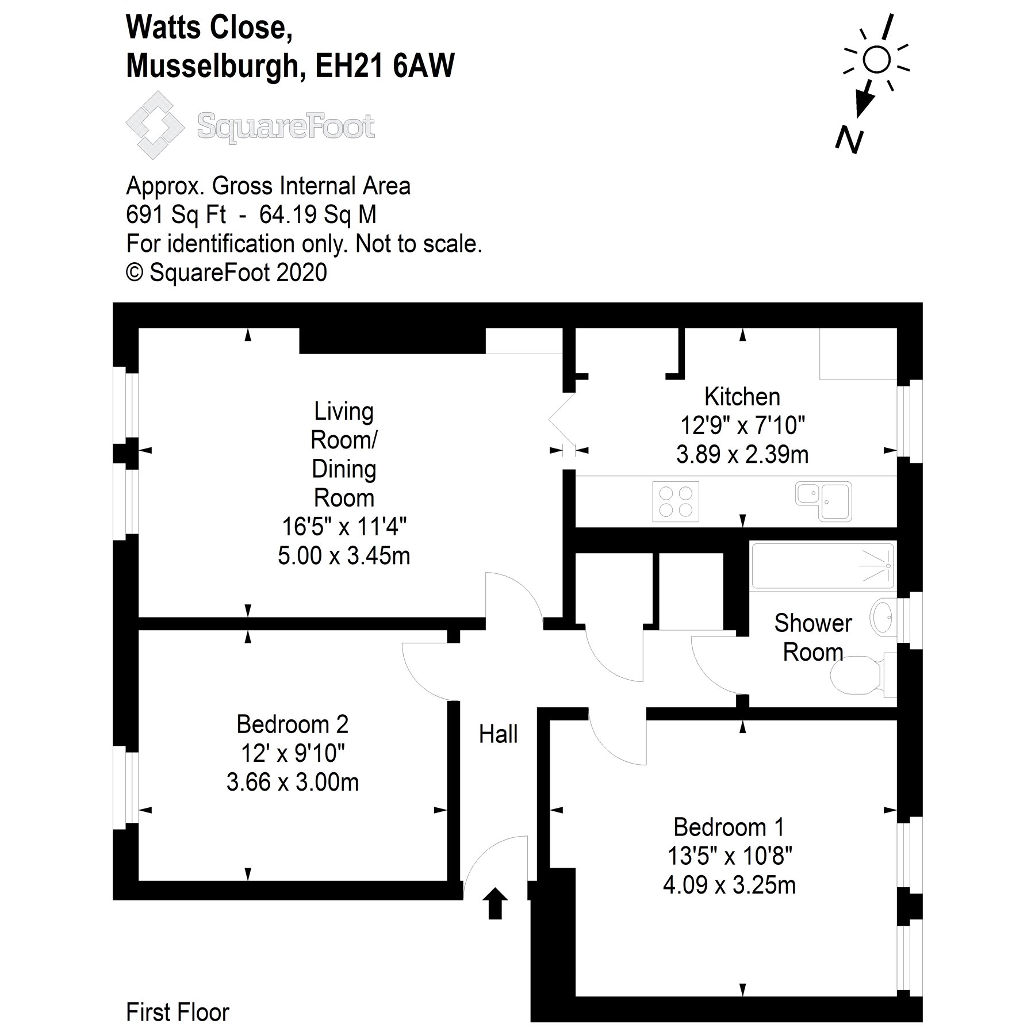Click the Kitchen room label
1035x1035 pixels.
click(742, 397)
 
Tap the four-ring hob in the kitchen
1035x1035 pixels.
click(676, 502)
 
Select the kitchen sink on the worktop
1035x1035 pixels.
click(824, 501)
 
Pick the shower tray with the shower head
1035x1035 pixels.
click(822, 566)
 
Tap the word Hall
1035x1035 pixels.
click(498, 734)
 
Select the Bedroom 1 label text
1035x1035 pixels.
click(729, 827)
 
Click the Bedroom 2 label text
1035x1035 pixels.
click(292, 724)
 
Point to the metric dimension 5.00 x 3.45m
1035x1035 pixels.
click(344, 556)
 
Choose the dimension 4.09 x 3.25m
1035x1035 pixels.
click(729, 885)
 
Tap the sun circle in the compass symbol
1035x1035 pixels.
click(876, 60)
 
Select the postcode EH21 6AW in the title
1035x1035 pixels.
click(385, 66)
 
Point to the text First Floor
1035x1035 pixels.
click(177, 1012)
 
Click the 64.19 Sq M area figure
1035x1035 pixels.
click(318, 214)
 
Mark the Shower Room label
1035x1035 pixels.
click(812, 638)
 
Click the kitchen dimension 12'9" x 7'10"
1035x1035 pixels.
click(742, 425)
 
